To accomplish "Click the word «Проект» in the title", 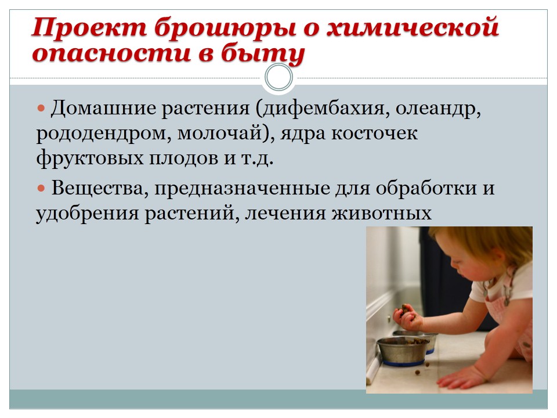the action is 89,27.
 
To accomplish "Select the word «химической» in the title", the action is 413,27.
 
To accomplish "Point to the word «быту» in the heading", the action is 262,54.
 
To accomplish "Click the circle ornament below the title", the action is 279,77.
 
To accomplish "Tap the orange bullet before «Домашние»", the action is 42,108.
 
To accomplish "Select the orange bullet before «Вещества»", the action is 42,188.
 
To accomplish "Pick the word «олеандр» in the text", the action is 439,109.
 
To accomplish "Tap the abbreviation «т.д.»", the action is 257,158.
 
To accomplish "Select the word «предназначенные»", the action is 243,189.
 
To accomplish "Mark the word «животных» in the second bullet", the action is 382,214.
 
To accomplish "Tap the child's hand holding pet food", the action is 408,316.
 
